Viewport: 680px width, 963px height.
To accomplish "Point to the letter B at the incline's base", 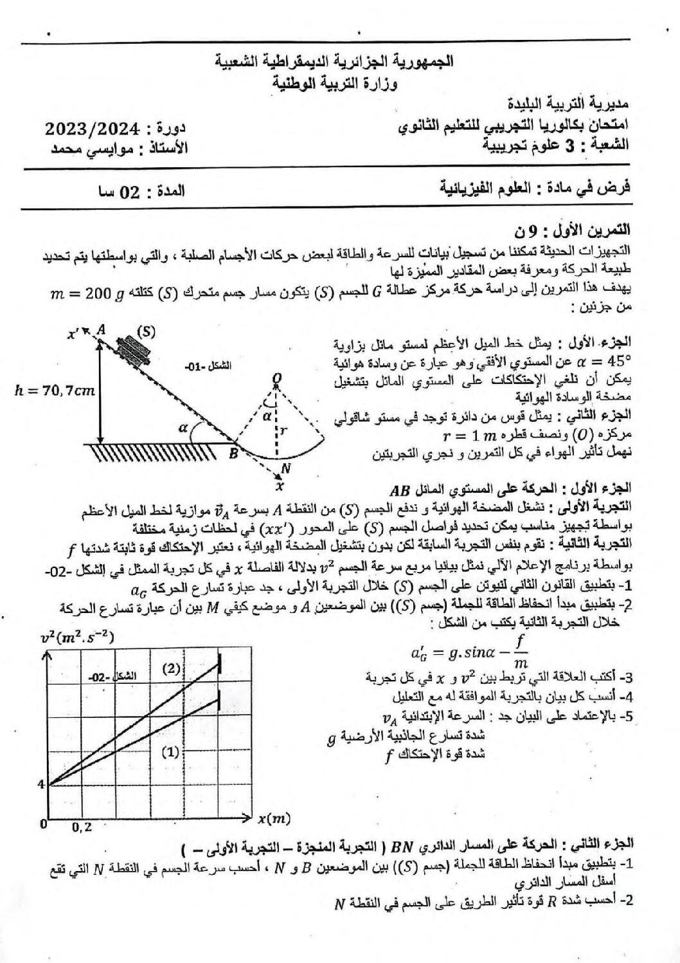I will coord(233,454).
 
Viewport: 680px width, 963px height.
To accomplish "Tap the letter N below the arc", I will coord(286,469).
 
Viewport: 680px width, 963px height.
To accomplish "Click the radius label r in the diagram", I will coord(282,433).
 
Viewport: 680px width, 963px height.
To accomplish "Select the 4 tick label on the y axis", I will coord(40,784).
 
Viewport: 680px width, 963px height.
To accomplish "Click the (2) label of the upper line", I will coord(171,668).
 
